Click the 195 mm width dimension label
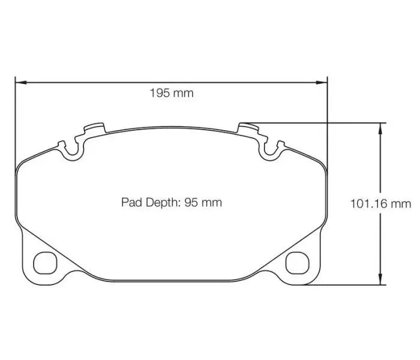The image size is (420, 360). (172, 93)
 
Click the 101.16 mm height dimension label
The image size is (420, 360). (380, 204)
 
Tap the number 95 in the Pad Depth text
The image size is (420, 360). (191, 202)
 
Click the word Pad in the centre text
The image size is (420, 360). (130, 202)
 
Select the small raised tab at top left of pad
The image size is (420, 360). (95, 128)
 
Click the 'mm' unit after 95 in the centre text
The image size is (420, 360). (212, 202)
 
